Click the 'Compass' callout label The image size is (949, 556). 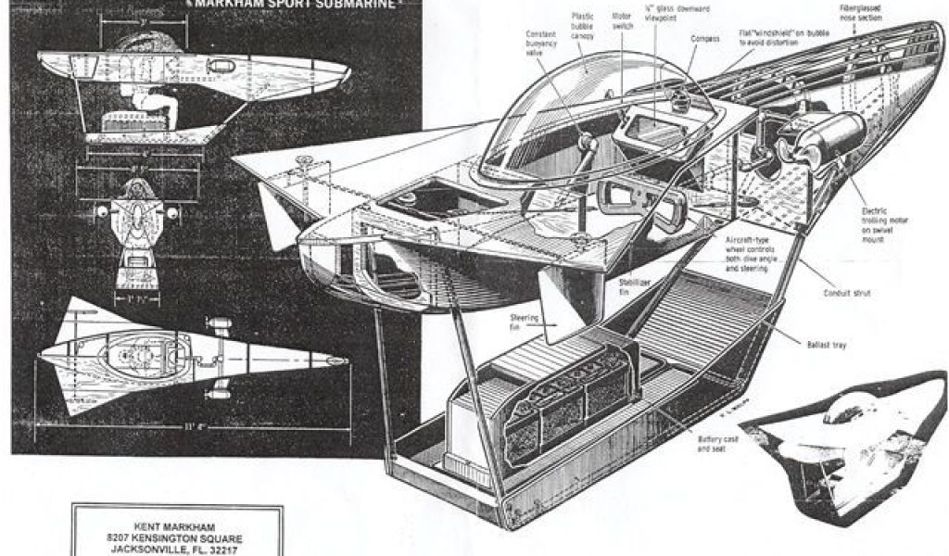click(x=704, y=39)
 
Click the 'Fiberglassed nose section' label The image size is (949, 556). click(x=861, y=13)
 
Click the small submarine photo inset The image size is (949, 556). click(x=843, y=445)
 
